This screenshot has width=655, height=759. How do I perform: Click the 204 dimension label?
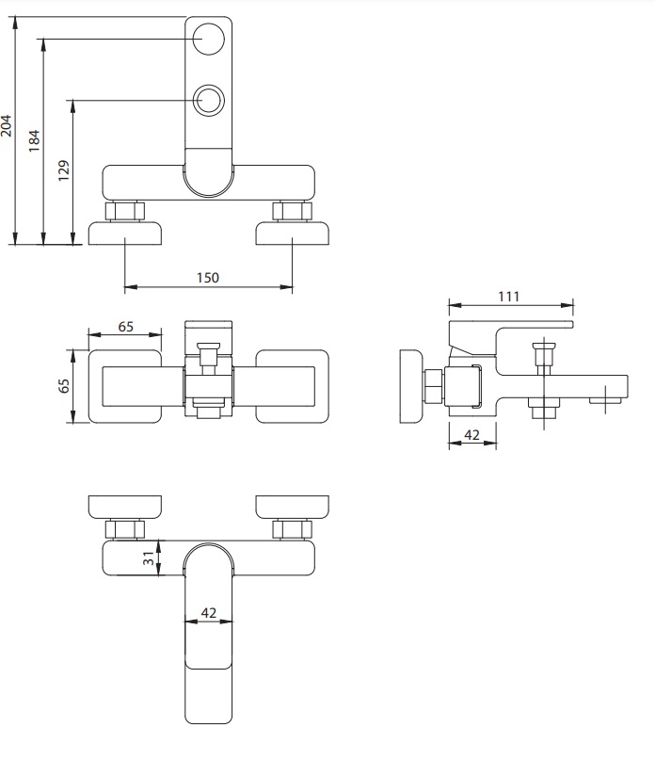point(7,125)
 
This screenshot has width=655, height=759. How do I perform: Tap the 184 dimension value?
point(34,141)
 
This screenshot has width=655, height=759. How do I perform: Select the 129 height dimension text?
point(63,170)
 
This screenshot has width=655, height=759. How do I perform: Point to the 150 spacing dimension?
point(208,278)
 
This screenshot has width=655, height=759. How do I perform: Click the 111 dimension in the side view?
point(509,297)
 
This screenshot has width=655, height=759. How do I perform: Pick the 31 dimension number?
point(149,558)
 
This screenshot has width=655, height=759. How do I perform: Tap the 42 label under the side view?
point(471,435)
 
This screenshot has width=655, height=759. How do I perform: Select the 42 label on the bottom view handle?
point(209,613)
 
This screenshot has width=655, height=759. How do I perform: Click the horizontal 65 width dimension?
point(125,327)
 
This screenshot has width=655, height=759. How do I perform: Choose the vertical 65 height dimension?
point(63,386)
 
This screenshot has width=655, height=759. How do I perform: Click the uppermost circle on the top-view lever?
point(209,39)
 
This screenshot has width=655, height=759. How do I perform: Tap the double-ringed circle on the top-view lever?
point(209,100)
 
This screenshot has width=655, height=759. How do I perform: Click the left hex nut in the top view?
point(125,212)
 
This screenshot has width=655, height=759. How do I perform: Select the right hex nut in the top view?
point(292,212)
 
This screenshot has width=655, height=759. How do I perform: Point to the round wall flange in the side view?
point(411,386)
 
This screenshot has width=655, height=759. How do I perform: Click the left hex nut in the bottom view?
point(125,529)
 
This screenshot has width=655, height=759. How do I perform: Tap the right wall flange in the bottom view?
point(292,508)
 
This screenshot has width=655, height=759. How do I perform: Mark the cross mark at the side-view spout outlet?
point(606,400)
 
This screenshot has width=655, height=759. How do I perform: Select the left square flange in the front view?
point(125,386)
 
